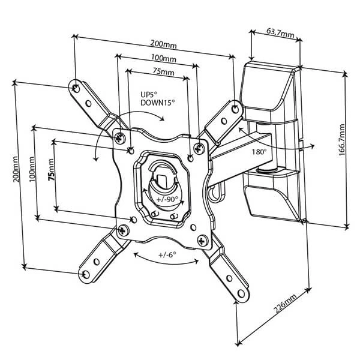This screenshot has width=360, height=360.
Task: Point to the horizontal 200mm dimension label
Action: click(164, 45)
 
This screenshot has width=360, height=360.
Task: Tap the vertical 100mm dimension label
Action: click(34, 173)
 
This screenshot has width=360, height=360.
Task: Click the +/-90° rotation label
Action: click(166, 199)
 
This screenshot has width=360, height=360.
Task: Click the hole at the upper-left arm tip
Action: click(76, 88)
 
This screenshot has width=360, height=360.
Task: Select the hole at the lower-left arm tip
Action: click(86, 274)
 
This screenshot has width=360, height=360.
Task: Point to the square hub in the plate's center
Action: click(163, 178)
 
